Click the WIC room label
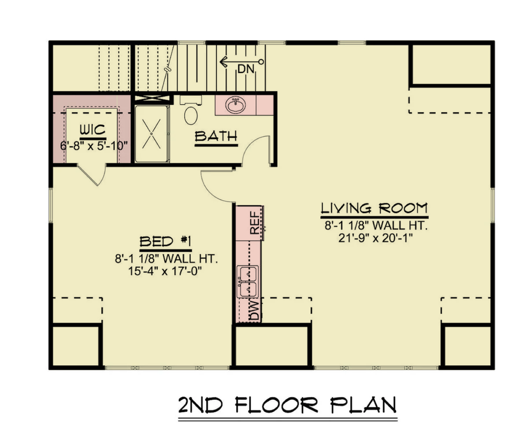click(93, 130)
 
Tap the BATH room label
click(216, 136)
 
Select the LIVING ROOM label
click(374, 208)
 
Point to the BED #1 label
click(166, 241)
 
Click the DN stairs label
click(246, 69)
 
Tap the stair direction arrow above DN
click(241, 62)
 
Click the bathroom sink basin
click(236, 105)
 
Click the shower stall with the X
click(152, 134)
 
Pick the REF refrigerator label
click(255, 223)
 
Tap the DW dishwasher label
click(255, 311)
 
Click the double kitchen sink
click(248, 282)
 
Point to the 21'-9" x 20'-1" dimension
click(375, 238)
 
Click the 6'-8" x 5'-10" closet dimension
click(94, 146)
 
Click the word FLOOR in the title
click(276, 405)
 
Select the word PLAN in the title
click(363, 405)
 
